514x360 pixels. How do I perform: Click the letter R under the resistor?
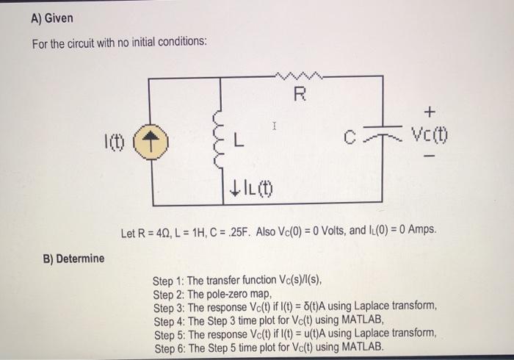tap(298, 94)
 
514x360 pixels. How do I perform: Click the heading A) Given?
tap(52, 18)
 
